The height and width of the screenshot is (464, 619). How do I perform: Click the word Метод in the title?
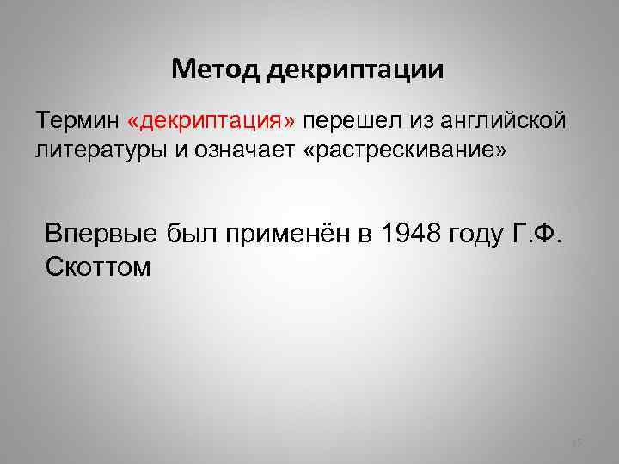tap(215, 69)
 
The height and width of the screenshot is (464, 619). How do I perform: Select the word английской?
tap(494, 121)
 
